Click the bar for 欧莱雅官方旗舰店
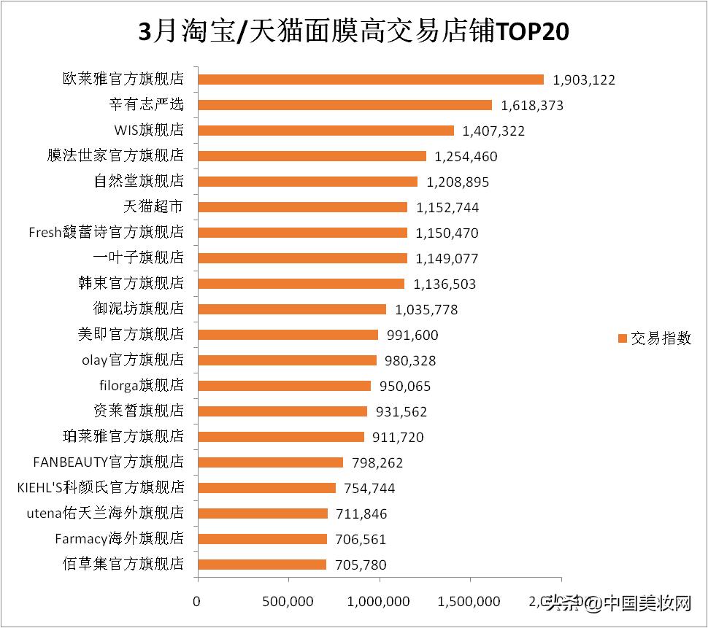[x=371, y=80]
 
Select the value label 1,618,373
[x=532, y=106]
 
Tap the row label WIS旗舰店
[x=149, y=131]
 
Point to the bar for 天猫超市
[x=302, y=207]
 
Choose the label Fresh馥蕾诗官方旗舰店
[x=106, y=233]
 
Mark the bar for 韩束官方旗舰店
[x=301, y=284]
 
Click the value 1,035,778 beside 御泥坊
[x=426, y=309]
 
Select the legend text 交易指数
[x=661, y=338]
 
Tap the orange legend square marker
[x=623, y=338]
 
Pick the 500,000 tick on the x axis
[x=289, y=602]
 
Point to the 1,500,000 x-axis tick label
[x=470, y=602]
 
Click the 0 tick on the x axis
[x=196, y=602]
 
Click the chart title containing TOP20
[x=353, y=32]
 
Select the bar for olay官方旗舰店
[x=287, y=360]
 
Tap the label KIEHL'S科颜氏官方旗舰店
[x=100, y=488]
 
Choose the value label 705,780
[x=361, y=565]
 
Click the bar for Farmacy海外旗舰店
[x=263, y=539]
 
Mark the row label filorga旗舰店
[x=142, y=386]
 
